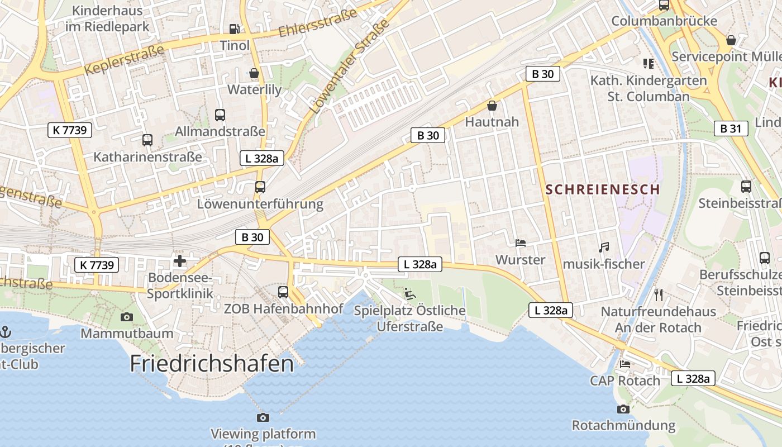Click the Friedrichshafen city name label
[x=212, y=364]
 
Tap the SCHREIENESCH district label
[x=603, y=189]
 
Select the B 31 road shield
[x=731, y=129]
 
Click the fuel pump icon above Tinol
[x=235, y=29]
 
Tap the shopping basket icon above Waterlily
[x=254, y=73]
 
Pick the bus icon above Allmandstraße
[x=220, y=115]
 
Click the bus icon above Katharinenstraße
[x=147, y=140]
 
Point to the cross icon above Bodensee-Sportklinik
[x=180, y=261]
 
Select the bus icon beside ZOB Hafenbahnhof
[x=283, y=292]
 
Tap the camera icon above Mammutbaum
[x=127, y=317]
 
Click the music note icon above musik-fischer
[x=603, y=247]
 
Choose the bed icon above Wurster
[x=520, y=243]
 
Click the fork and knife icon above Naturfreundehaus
[x=659, y=294]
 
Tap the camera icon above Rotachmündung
[x=623, y=409]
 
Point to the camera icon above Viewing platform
[x=263, y=417]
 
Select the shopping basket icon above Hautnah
[x=492, y=105]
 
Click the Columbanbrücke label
[x=664, y=21]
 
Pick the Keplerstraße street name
[x=125, y=59]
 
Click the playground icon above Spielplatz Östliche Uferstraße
[x=410, y=293]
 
